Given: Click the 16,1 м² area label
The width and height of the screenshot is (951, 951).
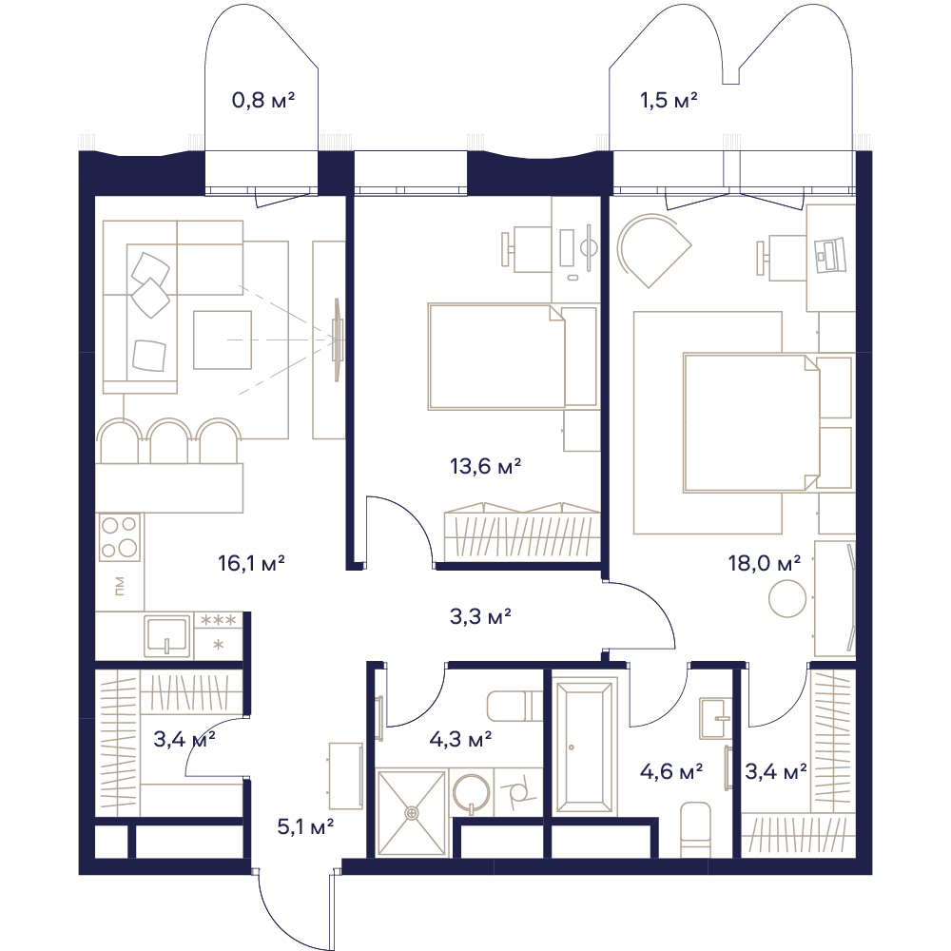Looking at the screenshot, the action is [251, 563].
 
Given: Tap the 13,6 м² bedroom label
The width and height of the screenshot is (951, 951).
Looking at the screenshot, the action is [485, 466].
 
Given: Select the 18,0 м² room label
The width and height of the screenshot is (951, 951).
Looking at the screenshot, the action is [765, 563].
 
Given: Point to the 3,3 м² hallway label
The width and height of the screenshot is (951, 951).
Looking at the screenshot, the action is [480, 617].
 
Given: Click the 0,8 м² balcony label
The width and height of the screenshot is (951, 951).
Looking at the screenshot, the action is [263, 100].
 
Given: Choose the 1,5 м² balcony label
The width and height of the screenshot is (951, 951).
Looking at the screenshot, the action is [669, 100].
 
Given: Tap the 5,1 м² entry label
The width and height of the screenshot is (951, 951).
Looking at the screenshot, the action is [305, 826].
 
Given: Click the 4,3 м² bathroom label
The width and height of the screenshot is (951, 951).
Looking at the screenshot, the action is [460, 739].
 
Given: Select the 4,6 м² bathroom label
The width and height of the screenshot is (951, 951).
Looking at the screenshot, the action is [671, 771].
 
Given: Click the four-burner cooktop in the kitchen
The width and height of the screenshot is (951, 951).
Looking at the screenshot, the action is [120, 536].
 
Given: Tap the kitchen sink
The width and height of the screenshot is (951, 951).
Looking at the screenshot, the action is [166, 636].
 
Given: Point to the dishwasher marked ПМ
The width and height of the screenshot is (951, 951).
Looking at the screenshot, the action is [120, 586].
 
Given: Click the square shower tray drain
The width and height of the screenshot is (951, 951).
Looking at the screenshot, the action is [413, 811].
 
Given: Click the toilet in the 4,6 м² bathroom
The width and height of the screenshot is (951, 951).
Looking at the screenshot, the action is [695, 829].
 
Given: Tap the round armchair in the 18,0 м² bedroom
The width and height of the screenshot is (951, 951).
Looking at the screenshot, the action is [653, 249].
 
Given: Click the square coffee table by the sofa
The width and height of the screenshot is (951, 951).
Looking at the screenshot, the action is [222, 340].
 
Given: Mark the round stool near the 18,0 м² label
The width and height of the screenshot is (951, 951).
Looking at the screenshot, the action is [787, 598].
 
